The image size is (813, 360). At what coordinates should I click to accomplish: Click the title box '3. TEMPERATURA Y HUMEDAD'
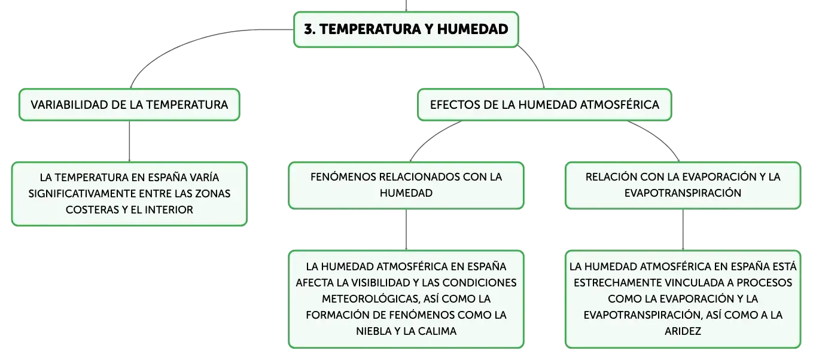(x=406, y=29)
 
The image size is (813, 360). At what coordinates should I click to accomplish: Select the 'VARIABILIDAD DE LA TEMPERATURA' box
(x=129, y=105)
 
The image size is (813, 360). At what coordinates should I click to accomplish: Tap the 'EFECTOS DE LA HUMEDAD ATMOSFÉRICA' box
(x=544, y=105)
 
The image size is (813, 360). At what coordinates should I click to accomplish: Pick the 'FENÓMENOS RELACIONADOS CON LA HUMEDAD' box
(x=406, y=185)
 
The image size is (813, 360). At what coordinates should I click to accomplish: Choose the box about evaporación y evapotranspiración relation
(x=683, y=185)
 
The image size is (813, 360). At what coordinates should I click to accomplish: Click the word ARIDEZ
(x=683, y=331)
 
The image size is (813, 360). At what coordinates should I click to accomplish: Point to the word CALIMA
(x=437, y=331)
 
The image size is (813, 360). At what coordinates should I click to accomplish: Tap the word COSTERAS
(x=92, y=210)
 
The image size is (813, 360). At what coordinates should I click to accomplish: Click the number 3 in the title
(x=309, y=29)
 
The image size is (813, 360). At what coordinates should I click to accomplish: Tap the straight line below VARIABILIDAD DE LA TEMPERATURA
(x=129, y=141)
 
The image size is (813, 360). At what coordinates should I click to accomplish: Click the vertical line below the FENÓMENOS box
(x=406, y=230)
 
